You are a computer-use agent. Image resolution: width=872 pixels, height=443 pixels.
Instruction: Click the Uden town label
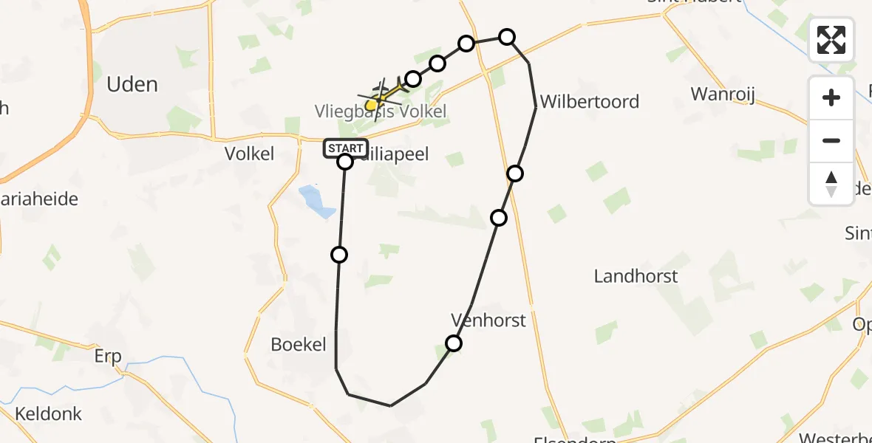point(132,84)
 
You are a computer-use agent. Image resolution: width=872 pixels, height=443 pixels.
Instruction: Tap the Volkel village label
point(249,154)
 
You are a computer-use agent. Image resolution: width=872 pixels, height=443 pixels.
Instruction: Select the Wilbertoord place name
point(589,101)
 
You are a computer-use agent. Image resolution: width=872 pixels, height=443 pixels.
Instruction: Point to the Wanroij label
point(723,94)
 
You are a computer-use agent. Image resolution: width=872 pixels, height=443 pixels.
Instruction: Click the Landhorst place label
point(636,276)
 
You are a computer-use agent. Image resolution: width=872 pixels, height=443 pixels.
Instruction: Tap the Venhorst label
point(488,320)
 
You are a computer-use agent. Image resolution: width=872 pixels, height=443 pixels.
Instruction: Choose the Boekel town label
point(299,344)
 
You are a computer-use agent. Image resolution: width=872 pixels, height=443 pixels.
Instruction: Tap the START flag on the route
point(345,148)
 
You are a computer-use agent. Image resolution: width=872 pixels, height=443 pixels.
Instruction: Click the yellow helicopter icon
point(380,97)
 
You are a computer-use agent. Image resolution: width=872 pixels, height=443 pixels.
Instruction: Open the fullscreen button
point(831,40)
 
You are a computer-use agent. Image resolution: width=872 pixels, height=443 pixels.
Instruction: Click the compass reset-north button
point(831,183)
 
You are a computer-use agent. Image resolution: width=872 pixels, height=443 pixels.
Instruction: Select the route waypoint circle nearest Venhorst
point(454,343)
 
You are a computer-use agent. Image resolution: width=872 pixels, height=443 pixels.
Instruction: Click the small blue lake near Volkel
point(316,202)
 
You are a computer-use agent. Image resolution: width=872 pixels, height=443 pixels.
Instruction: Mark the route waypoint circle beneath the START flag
point(345,162)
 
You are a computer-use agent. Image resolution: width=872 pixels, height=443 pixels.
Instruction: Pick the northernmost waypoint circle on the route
point(507,37)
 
